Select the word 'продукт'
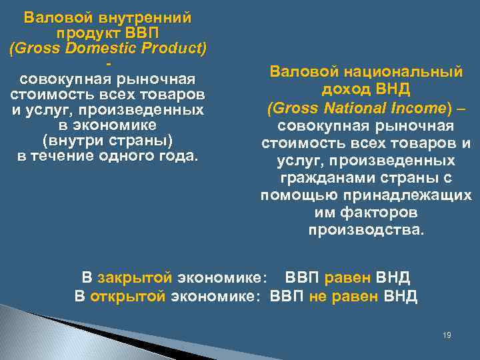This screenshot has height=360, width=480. pos(83,33)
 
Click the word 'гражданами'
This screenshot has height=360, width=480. pos(326,179)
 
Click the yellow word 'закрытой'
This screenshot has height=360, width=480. pos(135,277)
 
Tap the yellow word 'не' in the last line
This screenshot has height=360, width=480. pos(318,297)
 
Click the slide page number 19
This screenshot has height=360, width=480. pos(447,335)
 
